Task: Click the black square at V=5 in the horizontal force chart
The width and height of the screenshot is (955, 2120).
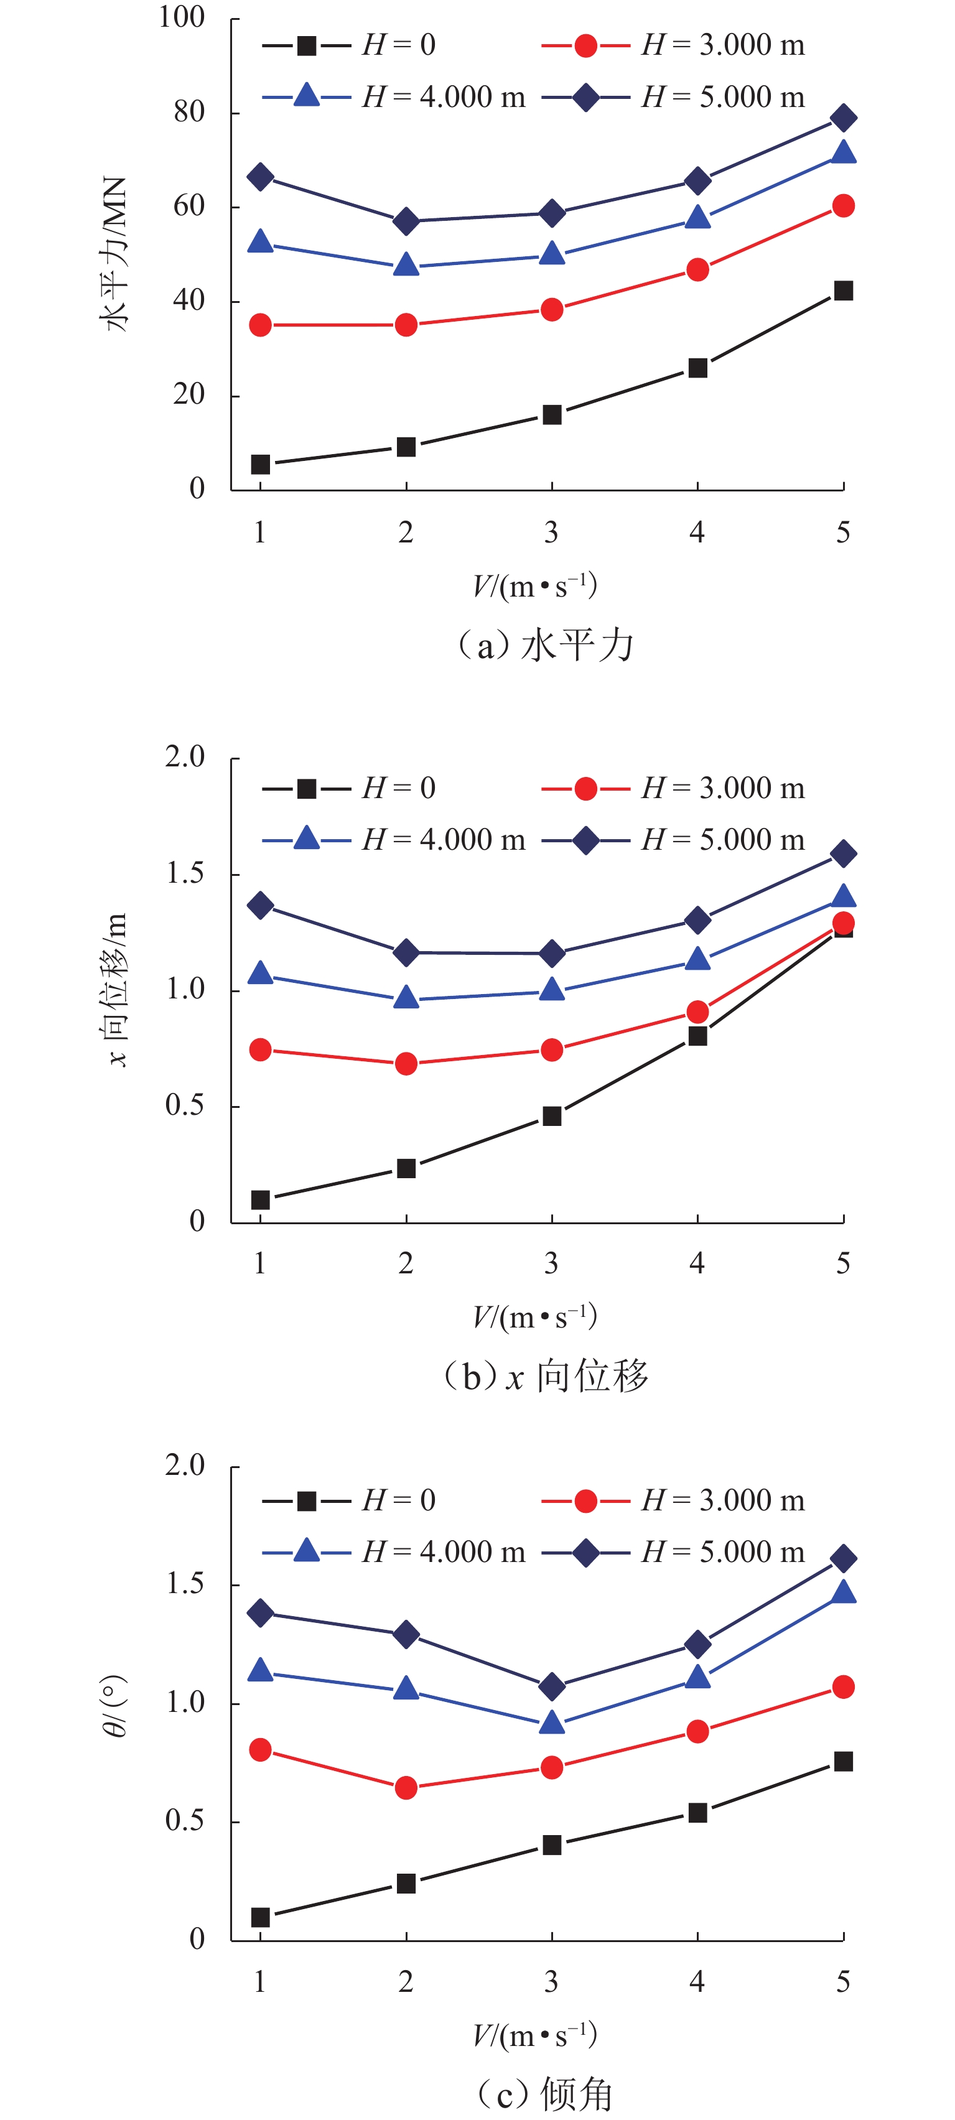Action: click(x=843, y=291)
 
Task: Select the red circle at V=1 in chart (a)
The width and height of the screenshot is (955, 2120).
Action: click(x=260, y=325)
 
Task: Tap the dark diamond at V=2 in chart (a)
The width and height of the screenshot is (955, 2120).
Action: click(x=406, y=221)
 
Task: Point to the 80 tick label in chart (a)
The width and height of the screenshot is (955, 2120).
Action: click(x=189, y=112)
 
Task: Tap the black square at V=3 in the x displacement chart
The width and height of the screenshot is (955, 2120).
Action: click(x=552, y=1116)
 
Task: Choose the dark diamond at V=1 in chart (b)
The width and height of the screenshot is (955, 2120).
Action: click(x=260, y=905)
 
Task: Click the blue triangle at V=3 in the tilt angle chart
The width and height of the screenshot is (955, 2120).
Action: click(x=552, y=1722)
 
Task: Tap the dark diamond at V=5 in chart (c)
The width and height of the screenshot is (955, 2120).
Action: click(x=843, y=1558)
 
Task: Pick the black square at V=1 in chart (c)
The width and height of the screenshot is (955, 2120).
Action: click(x=260, y=1917)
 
